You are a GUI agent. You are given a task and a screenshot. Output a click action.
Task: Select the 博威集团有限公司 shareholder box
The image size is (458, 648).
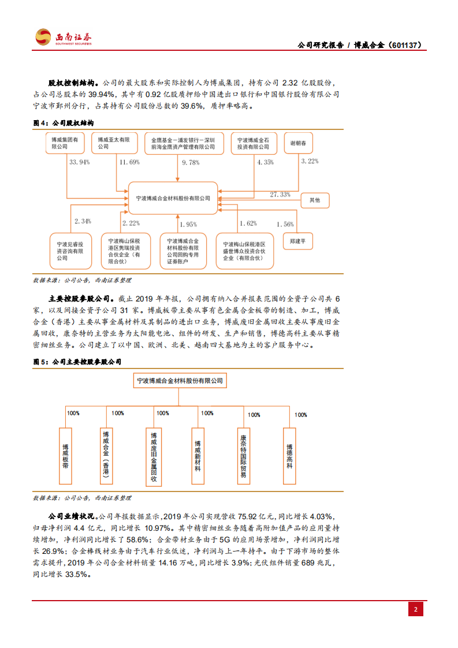[65, 143]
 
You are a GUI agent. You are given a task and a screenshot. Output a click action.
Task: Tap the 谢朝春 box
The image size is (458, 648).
[298, 143]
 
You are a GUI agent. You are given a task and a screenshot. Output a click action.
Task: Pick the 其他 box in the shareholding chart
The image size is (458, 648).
[314, 200]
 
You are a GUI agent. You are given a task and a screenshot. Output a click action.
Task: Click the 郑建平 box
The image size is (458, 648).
[298, 241]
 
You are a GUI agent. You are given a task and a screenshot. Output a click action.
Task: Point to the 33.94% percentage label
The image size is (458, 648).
[80, 162]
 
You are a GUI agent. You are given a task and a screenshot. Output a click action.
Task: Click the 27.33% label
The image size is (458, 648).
[280, 195]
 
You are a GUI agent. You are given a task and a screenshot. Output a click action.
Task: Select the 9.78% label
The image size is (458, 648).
[191, 163]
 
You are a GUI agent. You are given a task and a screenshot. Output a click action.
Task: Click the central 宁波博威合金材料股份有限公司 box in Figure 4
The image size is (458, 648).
[173, 198]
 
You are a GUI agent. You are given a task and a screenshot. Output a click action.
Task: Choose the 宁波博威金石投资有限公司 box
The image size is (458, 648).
[254, 143]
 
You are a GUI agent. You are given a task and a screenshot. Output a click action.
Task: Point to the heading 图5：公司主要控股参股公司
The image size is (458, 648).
[77, 362]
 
